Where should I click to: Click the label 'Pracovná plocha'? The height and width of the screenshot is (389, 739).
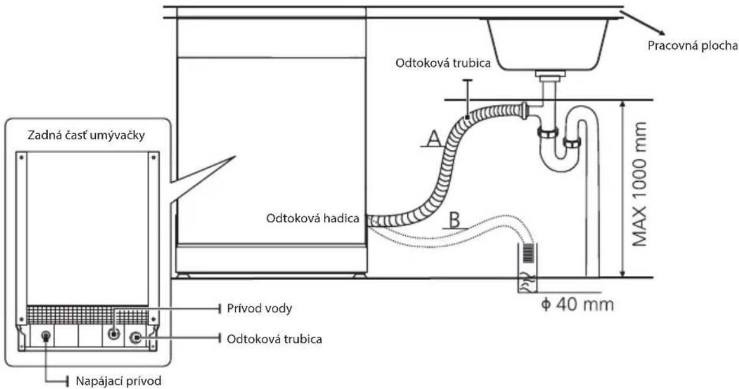[692, 46]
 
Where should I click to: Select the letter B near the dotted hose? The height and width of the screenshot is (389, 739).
[455, 220]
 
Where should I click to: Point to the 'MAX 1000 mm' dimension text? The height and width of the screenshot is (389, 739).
[639, 184]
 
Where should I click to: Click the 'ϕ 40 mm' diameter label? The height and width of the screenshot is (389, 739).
[577, 304]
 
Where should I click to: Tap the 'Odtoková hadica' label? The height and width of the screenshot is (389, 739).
[313, 218]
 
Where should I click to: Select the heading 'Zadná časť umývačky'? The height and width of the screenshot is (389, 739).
[86, 135]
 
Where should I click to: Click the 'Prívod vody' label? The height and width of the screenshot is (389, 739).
[259, 308]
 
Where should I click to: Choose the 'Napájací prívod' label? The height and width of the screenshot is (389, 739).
[118, 381]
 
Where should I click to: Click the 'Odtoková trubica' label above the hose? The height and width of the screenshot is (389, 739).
[443, 63]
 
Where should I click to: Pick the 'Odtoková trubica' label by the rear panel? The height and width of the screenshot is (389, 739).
[275, 339]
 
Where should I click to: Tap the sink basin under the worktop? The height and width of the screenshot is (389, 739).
[548, 44]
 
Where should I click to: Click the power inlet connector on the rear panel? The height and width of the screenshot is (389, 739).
[46, 336]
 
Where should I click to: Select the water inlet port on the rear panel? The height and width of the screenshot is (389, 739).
[114, 334]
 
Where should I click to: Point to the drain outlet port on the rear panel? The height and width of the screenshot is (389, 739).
[136, 337]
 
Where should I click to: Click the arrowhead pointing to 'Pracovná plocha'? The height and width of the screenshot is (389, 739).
[660, 33]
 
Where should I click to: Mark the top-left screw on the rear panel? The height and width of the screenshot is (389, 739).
[21, 157]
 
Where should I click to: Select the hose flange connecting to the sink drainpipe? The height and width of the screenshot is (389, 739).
[524, 111]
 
